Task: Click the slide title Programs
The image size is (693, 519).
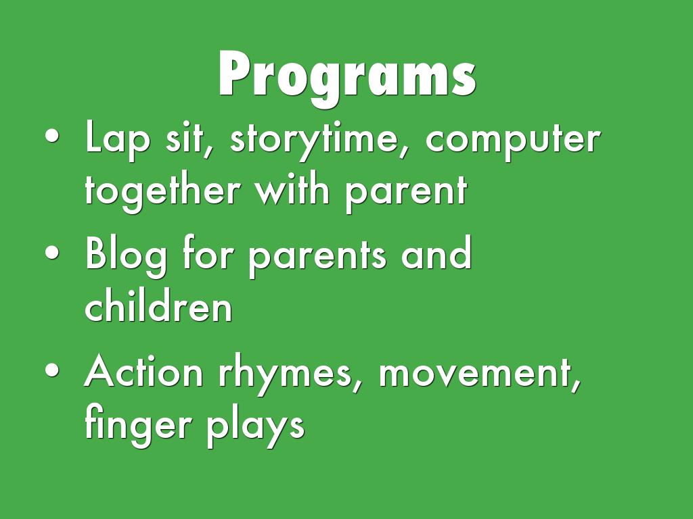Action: tap(347, 76)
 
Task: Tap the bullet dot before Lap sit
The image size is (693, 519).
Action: tap(52, 137)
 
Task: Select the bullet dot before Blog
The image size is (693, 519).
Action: tap(52, 253)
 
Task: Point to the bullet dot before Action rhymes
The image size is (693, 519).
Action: tap(52, 370)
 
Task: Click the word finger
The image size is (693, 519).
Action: tap(138, 424)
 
